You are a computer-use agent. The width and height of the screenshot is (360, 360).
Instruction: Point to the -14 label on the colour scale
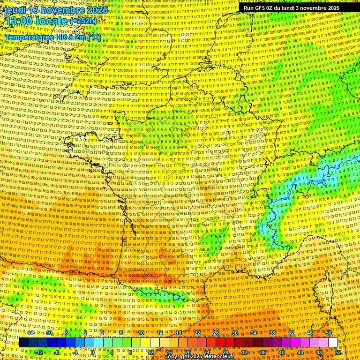(x=30, y=333)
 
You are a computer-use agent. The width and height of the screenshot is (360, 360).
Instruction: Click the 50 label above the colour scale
(x=329, y=333)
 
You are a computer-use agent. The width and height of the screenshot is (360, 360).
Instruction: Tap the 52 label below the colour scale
(x=338, y=352)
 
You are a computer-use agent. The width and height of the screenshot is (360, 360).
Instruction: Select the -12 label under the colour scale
(x=39, y=352)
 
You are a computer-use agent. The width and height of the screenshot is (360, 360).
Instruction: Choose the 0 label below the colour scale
(x=93, y=352)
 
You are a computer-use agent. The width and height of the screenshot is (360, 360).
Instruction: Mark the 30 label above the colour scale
(x=234, y=333)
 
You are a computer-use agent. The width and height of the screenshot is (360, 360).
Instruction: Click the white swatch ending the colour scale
(x=333, y=343)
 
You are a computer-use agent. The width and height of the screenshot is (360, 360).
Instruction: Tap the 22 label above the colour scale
(x=197, y=333)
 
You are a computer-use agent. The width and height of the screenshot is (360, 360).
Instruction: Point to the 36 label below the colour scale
(x=262, y=352)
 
